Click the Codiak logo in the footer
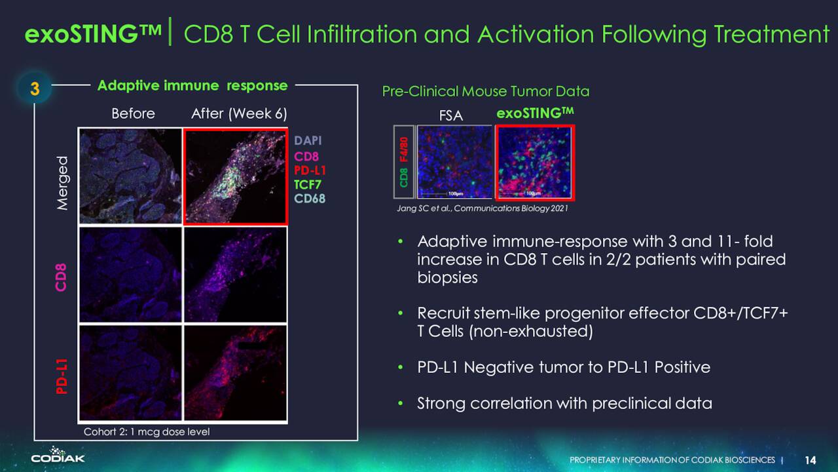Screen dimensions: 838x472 (x=58, y=455)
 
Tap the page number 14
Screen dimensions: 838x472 (x=811, y=460)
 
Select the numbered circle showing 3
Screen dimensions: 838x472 (x=35, y=88)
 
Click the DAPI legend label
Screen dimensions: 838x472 (x=308, y=140)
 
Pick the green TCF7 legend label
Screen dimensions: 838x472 (x=307, y=185)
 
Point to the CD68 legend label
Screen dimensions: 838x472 (x=310, y=199)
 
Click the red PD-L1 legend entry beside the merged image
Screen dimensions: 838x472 (x=310, y=170)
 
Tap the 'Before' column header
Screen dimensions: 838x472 (x=133, y=113)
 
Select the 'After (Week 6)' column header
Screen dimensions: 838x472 (x=239, y=113)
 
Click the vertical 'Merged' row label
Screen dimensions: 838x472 (x=62, y=183)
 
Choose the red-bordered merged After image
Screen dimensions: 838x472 (x=236, y=177)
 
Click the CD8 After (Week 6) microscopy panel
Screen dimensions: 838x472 (x=236, y=275)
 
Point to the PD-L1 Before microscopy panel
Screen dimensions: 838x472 (x=130, y=373)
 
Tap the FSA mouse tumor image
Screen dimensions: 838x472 (x=454, y=162)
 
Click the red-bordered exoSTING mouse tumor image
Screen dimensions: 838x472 (x=535, y=162)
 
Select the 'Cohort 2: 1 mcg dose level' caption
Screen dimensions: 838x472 (x=147, y=432)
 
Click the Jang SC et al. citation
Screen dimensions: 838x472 (x=483, y=208)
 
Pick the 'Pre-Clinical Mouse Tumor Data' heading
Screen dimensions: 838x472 (x=486, y=91)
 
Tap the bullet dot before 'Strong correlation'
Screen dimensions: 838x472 (x=401, y=403)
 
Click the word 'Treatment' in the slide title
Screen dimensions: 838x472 (x=772, y=34)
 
